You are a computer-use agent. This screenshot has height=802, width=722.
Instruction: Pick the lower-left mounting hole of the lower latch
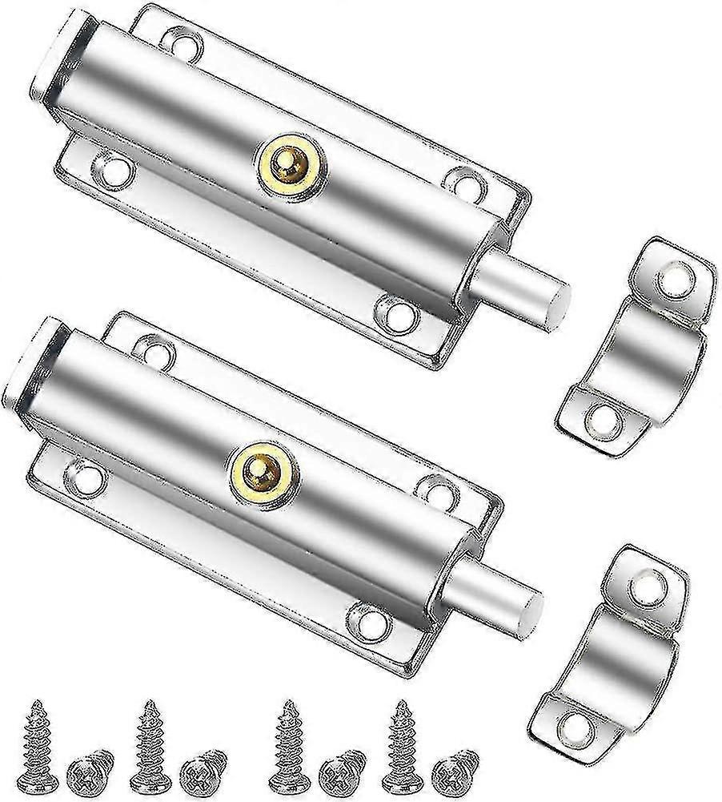[87, 476]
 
